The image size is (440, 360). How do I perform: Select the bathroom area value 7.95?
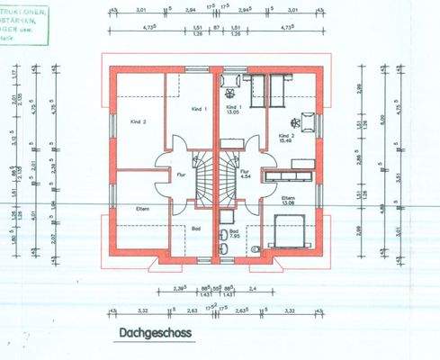coord(234,237)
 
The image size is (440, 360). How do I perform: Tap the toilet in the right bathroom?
coord(256,248)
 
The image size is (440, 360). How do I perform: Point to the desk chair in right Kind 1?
coord(229,93)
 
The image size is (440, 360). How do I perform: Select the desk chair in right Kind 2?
coord(294,118)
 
